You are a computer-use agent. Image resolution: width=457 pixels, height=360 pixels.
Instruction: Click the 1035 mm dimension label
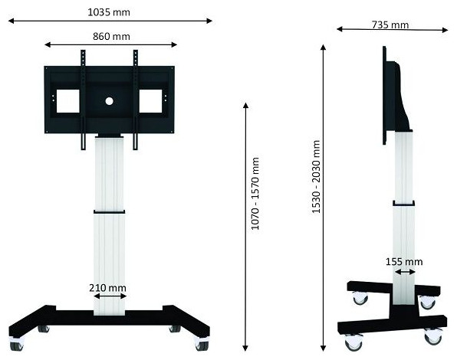109,12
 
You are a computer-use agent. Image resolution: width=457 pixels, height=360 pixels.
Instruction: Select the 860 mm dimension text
111,36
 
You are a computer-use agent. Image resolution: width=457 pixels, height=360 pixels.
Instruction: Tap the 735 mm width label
390,25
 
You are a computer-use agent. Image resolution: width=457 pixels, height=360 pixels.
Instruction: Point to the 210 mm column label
107,288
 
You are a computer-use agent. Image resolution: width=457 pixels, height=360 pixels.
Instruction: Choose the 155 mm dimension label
404,262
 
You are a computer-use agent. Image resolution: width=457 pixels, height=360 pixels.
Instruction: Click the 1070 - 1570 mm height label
255,194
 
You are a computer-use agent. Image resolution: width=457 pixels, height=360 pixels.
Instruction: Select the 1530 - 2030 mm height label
316,177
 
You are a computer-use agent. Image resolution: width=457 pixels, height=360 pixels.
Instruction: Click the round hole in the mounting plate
110,101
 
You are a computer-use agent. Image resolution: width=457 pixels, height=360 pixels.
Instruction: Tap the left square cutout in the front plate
68,101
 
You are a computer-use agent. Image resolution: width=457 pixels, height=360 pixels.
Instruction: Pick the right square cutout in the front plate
150,101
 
